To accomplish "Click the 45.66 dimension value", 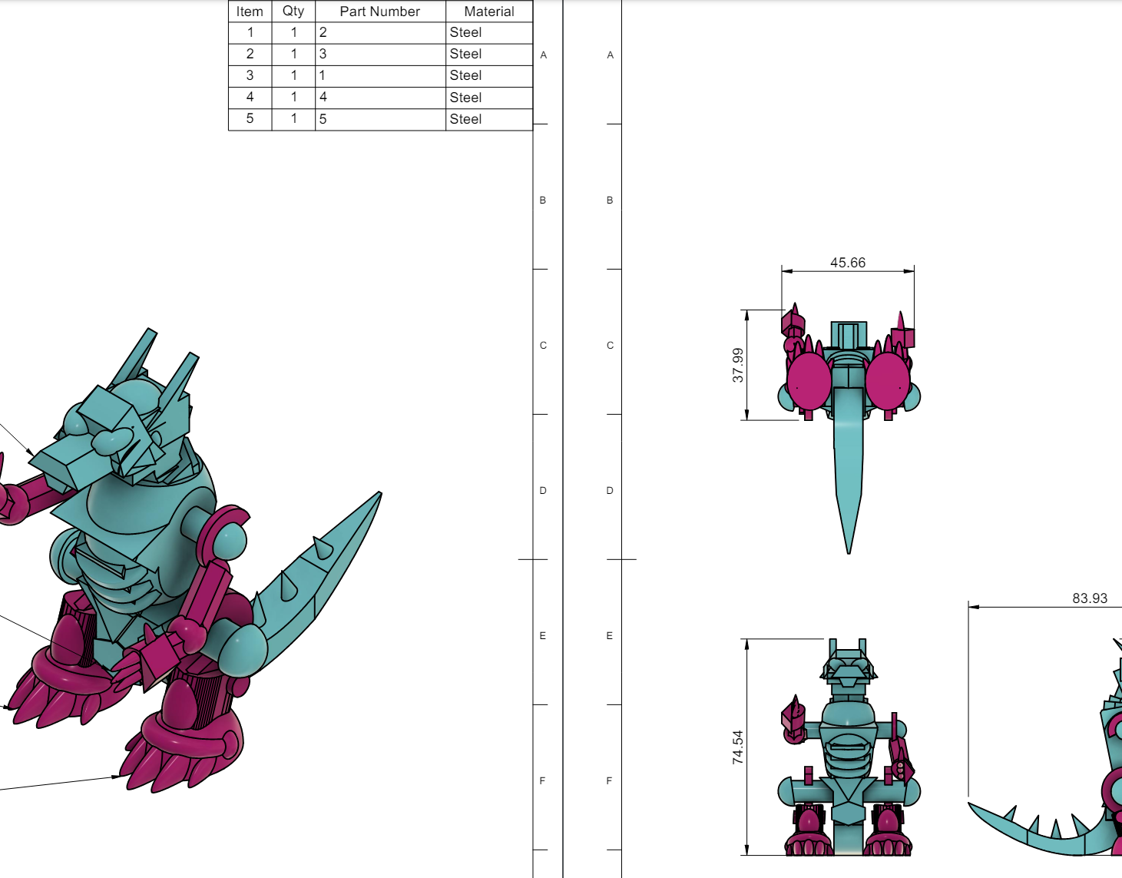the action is (x=847, y=263).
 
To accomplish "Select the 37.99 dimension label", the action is (x=738, y=365).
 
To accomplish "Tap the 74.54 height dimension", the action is (x=738, y=747).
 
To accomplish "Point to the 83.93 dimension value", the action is (x=1090, y=598).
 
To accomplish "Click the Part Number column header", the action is (x=380, y=12).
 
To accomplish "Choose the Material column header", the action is (x=489, y=12).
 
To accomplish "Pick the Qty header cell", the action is (x=293, y=12).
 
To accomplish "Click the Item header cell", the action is (x=250, y=12).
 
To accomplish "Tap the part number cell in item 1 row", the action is (x=380, y=32).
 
